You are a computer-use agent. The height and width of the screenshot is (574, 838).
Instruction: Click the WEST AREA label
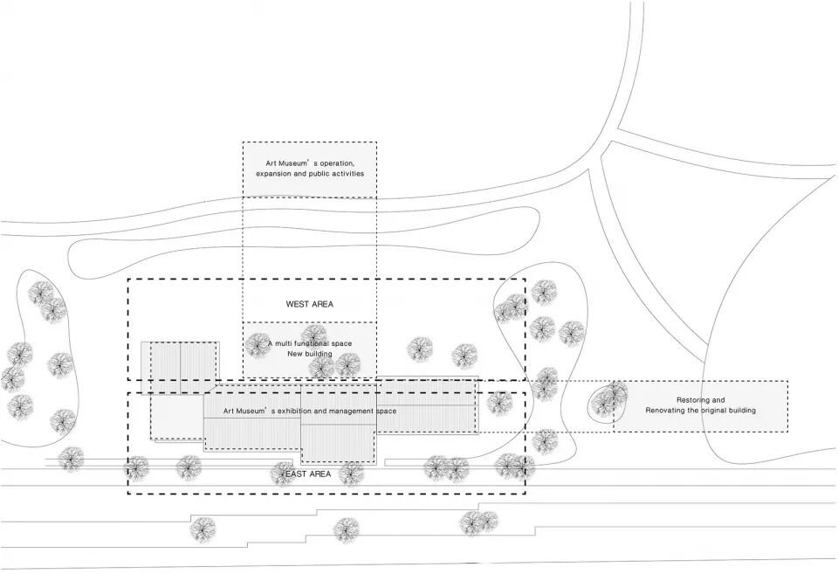(309, 304)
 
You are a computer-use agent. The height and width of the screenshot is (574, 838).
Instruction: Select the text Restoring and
(700, 400)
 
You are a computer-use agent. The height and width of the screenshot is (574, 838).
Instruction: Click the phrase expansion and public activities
(310, 174)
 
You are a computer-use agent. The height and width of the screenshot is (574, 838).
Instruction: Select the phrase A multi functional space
(310, 343)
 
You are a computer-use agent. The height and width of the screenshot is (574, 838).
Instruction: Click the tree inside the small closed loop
(608, 401)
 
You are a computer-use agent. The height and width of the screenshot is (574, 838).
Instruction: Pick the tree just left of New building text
(258, 346)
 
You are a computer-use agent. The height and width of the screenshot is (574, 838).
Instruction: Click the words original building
(728, 411)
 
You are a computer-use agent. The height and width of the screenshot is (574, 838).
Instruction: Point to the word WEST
(297, 304)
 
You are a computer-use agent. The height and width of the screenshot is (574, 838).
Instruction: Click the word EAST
(294, 474)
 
